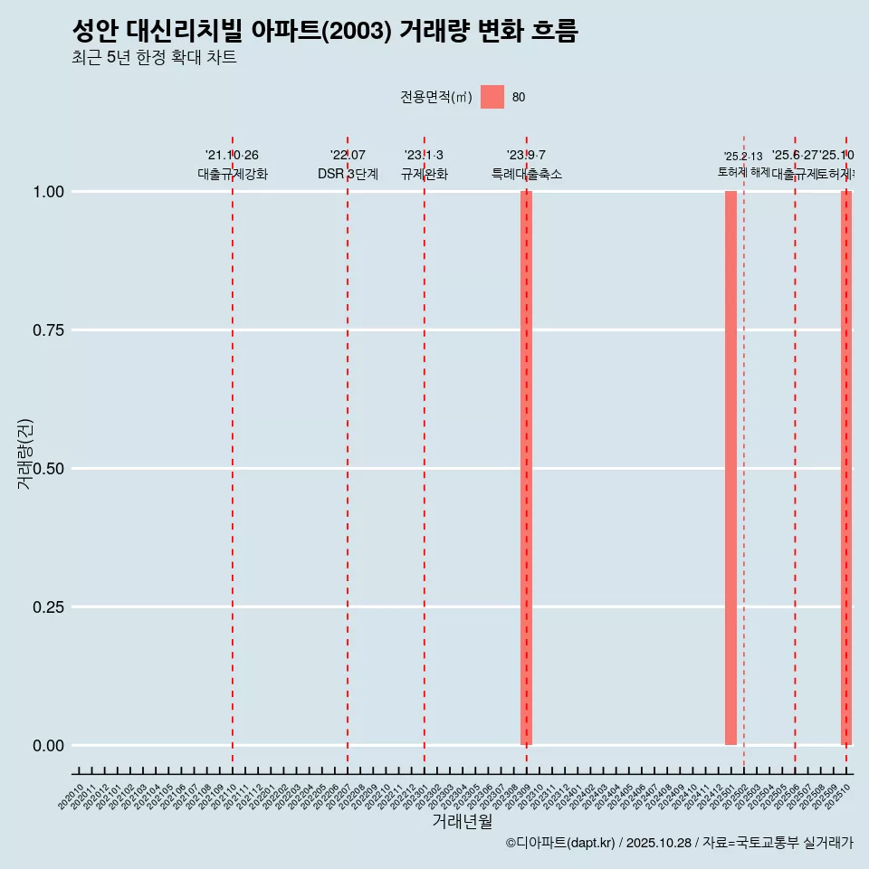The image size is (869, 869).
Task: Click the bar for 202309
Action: tap(526, 468)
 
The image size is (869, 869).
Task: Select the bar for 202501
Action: tap(731, 468)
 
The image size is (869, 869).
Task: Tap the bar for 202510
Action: tap(846, 468)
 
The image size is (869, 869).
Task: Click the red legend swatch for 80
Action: tap(492, 97)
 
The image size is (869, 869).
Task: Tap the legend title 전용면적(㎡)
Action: tap(436, 97)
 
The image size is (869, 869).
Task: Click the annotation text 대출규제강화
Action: tap(233, 175)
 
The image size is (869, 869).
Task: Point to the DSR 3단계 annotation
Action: tap(348, 175)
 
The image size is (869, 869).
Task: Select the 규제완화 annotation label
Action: tap(425, 175)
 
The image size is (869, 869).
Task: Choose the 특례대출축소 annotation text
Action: tap(527, 175)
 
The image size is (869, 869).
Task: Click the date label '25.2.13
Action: tap(743, 157)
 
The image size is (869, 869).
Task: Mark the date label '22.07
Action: tap(348, 156)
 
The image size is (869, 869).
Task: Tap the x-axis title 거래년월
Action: tap(463, 821)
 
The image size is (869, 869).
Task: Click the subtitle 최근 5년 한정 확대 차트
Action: tap(154, 58)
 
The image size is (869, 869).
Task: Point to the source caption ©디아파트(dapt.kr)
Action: tap(560, 843)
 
